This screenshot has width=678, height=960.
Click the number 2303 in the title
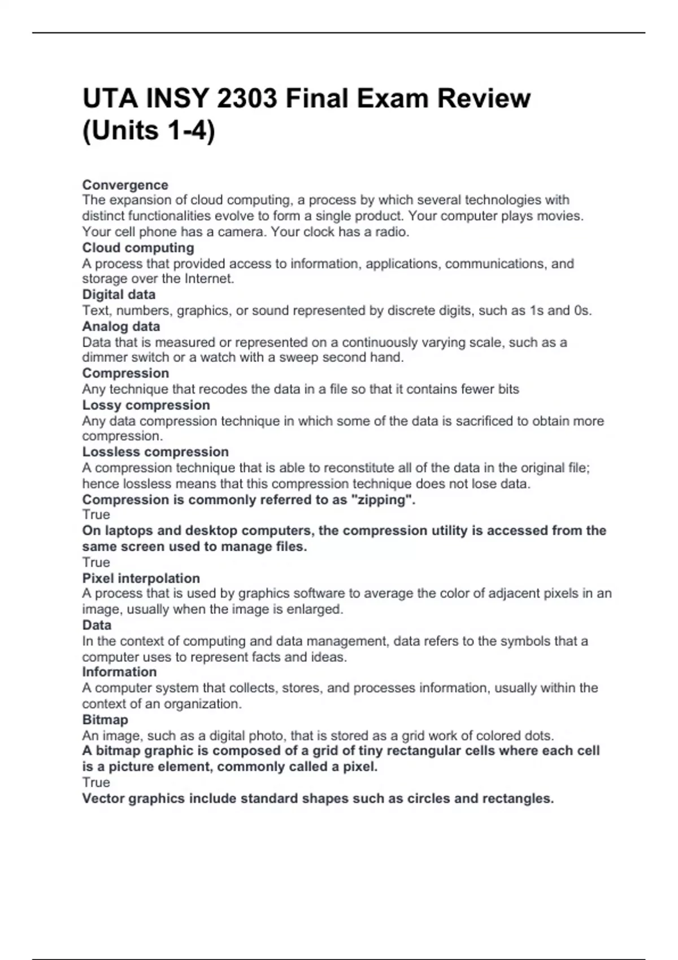(x=247, y=99)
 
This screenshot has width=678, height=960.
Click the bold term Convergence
(x=125, y=185)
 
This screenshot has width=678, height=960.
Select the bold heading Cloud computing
(x=138, y=248)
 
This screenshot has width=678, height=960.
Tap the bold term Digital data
(x=119, y=294)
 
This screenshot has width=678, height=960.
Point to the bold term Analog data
(x=121, y=326)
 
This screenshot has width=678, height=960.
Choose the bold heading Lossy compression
(x=146, y=405)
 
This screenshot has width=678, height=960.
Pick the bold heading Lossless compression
(x=155, y=452)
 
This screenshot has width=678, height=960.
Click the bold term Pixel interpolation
(x=141, y=578)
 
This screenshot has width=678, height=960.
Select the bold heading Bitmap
(x=105, y=719)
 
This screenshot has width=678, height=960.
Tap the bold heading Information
(x=119, y=672)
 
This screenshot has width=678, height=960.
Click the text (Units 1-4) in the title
(x=149, y=131)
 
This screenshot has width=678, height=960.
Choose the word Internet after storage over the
(x=208, y=278)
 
